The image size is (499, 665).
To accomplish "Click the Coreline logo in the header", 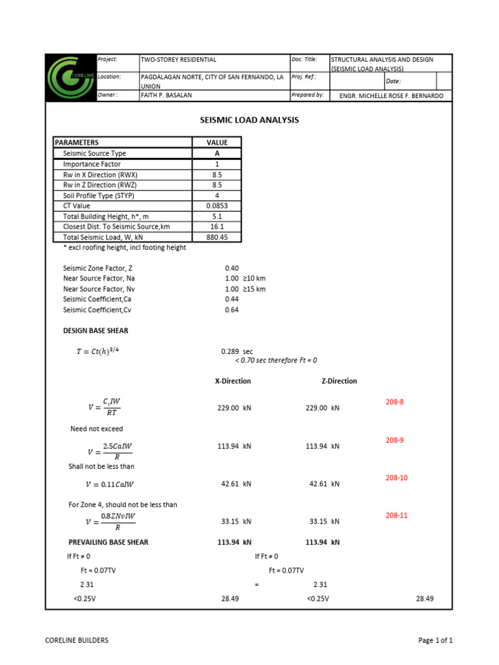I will tap(70, 77).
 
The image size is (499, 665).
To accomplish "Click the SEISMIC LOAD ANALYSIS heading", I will tap(248, 120).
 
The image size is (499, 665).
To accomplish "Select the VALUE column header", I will tap(217, 142).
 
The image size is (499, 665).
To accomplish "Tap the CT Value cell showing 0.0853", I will tap(217, 206).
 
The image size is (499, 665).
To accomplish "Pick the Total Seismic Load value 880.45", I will tap(217, 238).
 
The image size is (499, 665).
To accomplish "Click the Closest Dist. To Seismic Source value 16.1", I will tap(217, 227).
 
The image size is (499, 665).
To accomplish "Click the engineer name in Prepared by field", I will tap(392, 95).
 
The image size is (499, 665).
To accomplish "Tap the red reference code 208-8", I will tap(394, 402).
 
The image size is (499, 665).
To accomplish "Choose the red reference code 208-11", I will tap(394, 515).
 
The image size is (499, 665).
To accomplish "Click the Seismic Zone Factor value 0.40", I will tap(231, 268).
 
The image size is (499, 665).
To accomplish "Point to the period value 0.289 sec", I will tap(237, 351).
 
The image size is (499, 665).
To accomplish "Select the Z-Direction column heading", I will tap(339, 381).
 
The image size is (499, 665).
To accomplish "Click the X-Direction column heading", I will tap(233, 381).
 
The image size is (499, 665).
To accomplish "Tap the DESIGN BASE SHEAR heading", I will tap(96, 331).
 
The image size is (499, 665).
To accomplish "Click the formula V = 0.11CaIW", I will tap(110, 484).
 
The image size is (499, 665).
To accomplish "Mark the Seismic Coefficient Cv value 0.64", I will tap(231, 310).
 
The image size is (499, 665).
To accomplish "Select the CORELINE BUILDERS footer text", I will tap(77, 640).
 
